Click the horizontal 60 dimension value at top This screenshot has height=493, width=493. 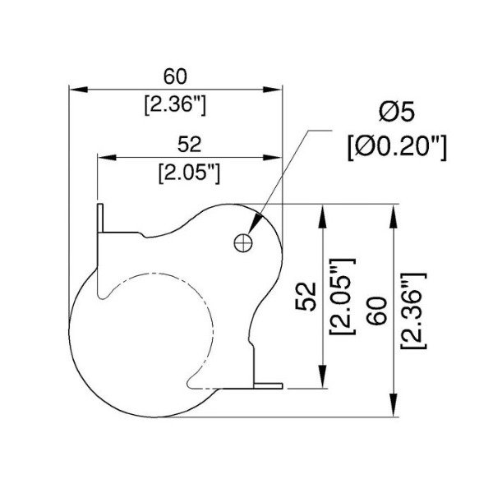coord(174,76)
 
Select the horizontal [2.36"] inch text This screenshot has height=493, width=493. coord(174,104)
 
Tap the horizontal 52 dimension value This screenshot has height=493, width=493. coord(189,145)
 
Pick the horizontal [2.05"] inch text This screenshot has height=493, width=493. coord(189,173)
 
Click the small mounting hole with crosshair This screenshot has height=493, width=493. coord(242,242)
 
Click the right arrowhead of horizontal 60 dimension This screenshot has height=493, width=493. coord(275,89)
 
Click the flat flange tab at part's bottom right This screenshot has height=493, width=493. coord(269,384)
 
